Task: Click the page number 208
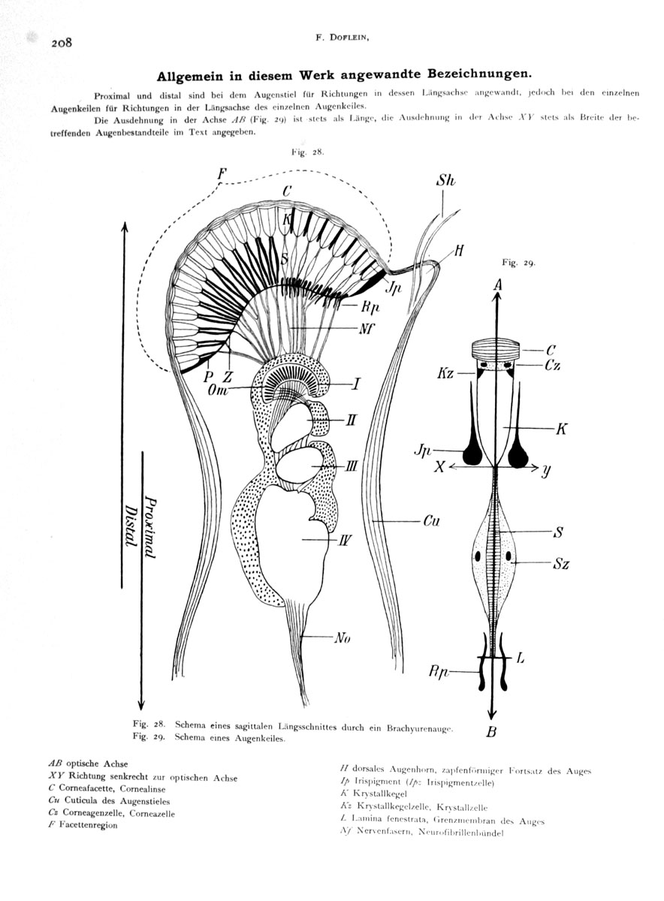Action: coord(62,43)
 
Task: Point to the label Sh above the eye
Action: coord(445,180)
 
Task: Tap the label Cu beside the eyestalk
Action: coord(431,520)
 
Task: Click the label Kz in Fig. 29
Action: coord(445,372)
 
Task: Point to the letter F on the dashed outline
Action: coord(222,173)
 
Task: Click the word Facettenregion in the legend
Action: coord(88,824)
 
